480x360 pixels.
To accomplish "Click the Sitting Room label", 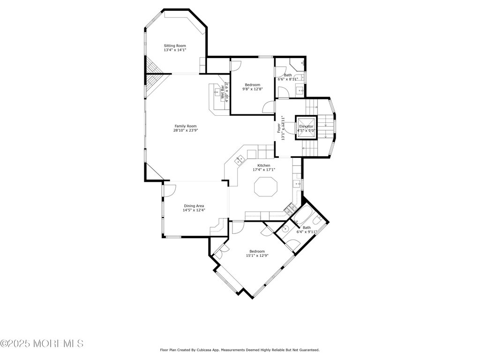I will (174, 46).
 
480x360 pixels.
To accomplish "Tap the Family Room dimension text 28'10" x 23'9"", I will (185, 131).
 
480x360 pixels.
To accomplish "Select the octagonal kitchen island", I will (266, 188).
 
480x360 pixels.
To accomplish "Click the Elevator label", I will (306, 127).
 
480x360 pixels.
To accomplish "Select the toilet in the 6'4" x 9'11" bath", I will (317, 219).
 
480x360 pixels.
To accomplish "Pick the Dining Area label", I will (194, 206).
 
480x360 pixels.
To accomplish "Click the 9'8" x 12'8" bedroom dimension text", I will (252, 89).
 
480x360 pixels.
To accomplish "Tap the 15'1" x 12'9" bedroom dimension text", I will (257, 256).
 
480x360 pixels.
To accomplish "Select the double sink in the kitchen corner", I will (239, 160).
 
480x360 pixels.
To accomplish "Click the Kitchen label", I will (263, 165).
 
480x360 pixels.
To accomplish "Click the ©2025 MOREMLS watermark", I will (42, 344).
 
